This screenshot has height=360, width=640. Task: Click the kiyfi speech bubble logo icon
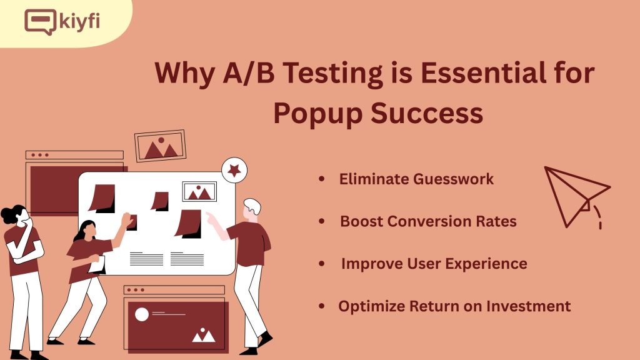click(40, 22)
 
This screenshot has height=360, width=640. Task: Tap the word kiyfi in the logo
click(79, 22)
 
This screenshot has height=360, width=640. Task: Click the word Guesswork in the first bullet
click(454, 179)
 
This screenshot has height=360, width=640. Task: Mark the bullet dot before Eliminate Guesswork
click(322, 179)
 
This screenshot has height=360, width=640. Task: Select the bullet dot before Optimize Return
click(322, 306)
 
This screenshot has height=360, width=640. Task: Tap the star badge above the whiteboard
click(234, 170)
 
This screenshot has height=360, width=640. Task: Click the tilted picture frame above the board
click(161, 146)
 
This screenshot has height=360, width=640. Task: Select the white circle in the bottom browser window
click(142, 314)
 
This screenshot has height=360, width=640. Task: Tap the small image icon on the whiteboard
click(199, 191)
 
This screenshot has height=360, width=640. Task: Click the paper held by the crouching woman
click(97, 264)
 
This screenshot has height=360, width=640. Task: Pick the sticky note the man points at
click(189, 224)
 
